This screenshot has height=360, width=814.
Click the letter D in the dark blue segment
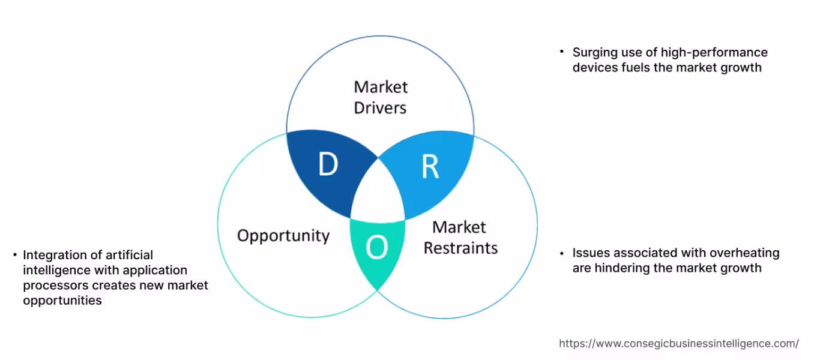pyautogui.click(x=328, y=164)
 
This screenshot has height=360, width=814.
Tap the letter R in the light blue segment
pyautogui.click(x=430, y=167)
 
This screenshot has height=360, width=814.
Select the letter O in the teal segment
pyautogui.click(x=376, y=247)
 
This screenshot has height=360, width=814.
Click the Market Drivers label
pyautogui.click(x=381, y=97)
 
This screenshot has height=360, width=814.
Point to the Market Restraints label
pyautogui.click(x=460, y=238)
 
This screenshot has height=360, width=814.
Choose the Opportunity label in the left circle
pyautogui.click(x=283, y=235)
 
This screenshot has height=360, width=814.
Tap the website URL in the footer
pyautogui.click(x=679, y=344)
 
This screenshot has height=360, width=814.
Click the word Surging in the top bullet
pyautogui.click(x=594, y=53)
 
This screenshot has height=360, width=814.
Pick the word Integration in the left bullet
pyautogui.click(x=53, y=255)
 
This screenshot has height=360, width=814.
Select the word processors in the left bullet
pyautogui.click(x=53, y=285)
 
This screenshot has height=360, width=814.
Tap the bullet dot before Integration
pyautogui.click(x=14, y=255)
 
